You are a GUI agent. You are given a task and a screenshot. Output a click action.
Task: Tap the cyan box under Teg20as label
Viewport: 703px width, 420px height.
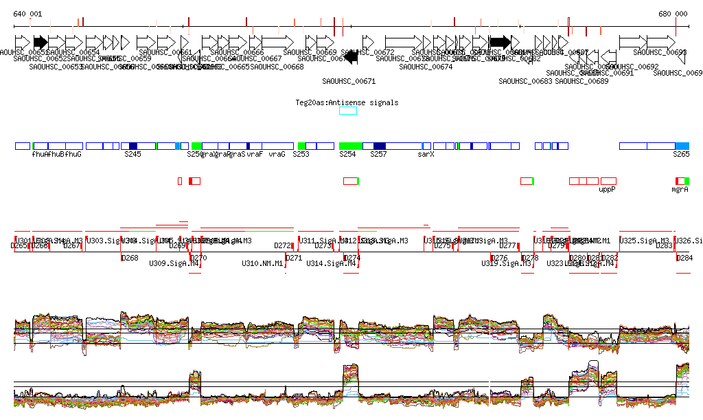pyautogui.click(x=348, y=111)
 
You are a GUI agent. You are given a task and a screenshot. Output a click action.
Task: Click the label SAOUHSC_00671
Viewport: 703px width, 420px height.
pyautogui.click(x=349, y=81)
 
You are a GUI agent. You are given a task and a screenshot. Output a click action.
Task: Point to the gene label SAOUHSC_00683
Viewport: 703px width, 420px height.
pyautogui.click(x=525, y=81)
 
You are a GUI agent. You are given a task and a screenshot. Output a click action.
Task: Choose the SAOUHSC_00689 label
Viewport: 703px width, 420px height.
pyautogui.click(x=581, y=81)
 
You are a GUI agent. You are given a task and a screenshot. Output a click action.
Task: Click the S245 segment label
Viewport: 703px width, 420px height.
pyautogui.click(x=132, y=155)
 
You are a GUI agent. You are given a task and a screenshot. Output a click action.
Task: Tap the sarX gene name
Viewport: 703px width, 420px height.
pyautogui.click(x=426, y=155)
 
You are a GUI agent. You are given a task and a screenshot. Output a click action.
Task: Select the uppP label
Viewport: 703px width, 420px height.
pyautogui.click(x=608, y=189)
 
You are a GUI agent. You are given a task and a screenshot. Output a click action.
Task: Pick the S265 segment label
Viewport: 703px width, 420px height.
pyautogui.click(x=680, y=155)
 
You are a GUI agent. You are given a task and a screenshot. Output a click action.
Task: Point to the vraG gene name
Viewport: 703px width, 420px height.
pyautogui.click(x=277, y=155)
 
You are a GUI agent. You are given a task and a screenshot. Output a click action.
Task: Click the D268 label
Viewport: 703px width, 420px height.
pyautogui.click(x=130, y=258)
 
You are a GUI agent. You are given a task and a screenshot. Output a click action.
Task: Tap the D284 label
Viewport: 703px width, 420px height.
pyautogui.click(x=684, y=258)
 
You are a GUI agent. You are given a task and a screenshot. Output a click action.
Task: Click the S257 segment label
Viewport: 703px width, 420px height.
pyautogui.click(x=378, y=155)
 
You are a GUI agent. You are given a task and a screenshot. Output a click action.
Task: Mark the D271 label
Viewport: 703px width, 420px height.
pyautogui.click(x=294, y=258)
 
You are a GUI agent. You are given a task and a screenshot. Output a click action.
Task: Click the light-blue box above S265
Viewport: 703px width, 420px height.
pyautogui.click(x=682, y=146)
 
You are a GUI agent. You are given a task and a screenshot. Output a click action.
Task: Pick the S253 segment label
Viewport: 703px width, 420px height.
pyautogui.click(x=301, y=155)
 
